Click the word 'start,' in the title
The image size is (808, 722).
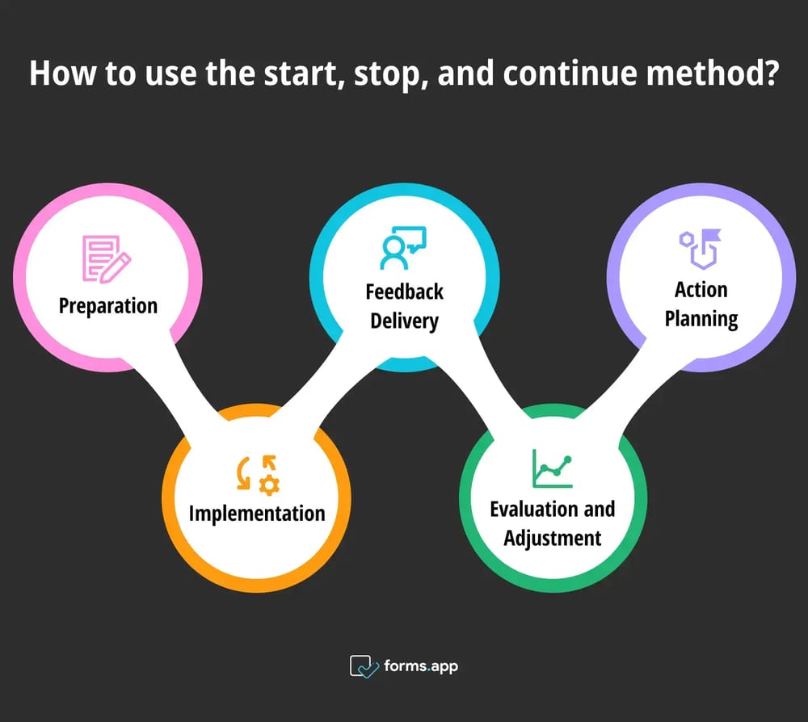tap(304, 73)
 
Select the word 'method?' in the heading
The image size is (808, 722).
tap(713, 73)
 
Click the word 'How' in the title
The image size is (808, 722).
tap(62, 73)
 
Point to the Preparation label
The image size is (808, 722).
tap(107, 306)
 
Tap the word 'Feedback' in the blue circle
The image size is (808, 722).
tap(405, 292)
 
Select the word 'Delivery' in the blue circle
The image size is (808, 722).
tap(405, 321)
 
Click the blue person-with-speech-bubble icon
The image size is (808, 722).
tap(403, 248)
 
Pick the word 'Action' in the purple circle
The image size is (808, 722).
tap(701, 290)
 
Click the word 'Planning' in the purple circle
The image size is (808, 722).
tap(701, 319)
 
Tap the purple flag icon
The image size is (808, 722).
tap(701, 250)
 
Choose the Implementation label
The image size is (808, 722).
tap(257, 514)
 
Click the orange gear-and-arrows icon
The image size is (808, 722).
tap(259, 476)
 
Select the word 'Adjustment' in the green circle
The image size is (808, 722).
tap(553, 539)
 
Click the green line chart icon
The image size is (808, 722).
tap(553, 468)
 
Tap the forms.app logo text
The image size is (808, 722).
tap(421, 667)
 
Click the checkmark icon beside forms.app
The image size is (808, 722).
tap(364, 666)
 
